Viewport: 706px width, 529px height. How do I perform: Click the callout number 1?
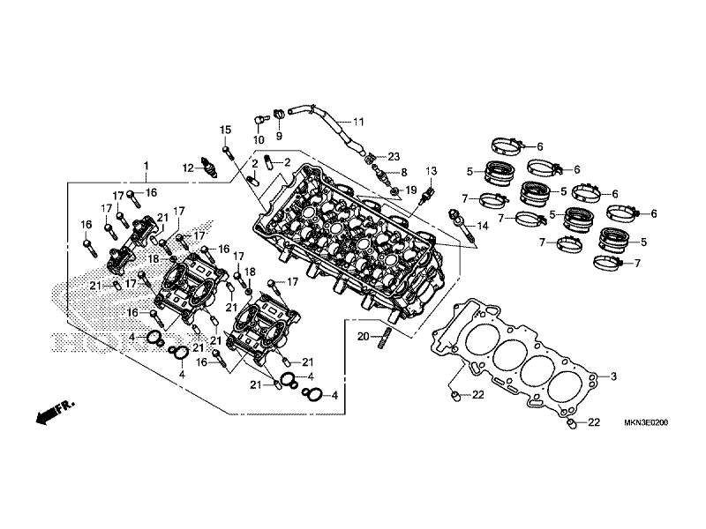(x=146, y=166)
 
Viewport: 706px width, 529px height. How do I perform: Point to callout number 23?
(x=394, y=156)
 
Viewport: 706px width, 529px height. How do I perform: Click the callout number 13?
(x=431, y=169)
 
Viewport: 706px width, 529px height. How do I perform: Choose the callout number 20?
(x=362, y=336)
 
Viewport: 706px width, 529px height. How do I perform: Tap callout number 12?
(x=188, y=168)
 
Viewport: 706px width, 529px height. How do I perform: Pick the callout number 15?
(x=225, y=130)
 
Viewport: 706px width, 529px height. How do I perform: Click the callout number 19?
(x=410, y=190)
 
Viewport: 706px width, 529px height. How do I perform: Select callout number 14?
(x=482, y=226)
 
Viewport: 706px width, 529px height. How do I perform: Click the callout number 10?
(x=259, y=140)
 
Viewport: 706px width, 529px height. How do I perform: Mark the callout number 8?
(x=404, y=173)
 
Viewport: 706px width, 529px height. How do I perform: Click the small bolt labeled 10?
(x=260, y=117)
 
